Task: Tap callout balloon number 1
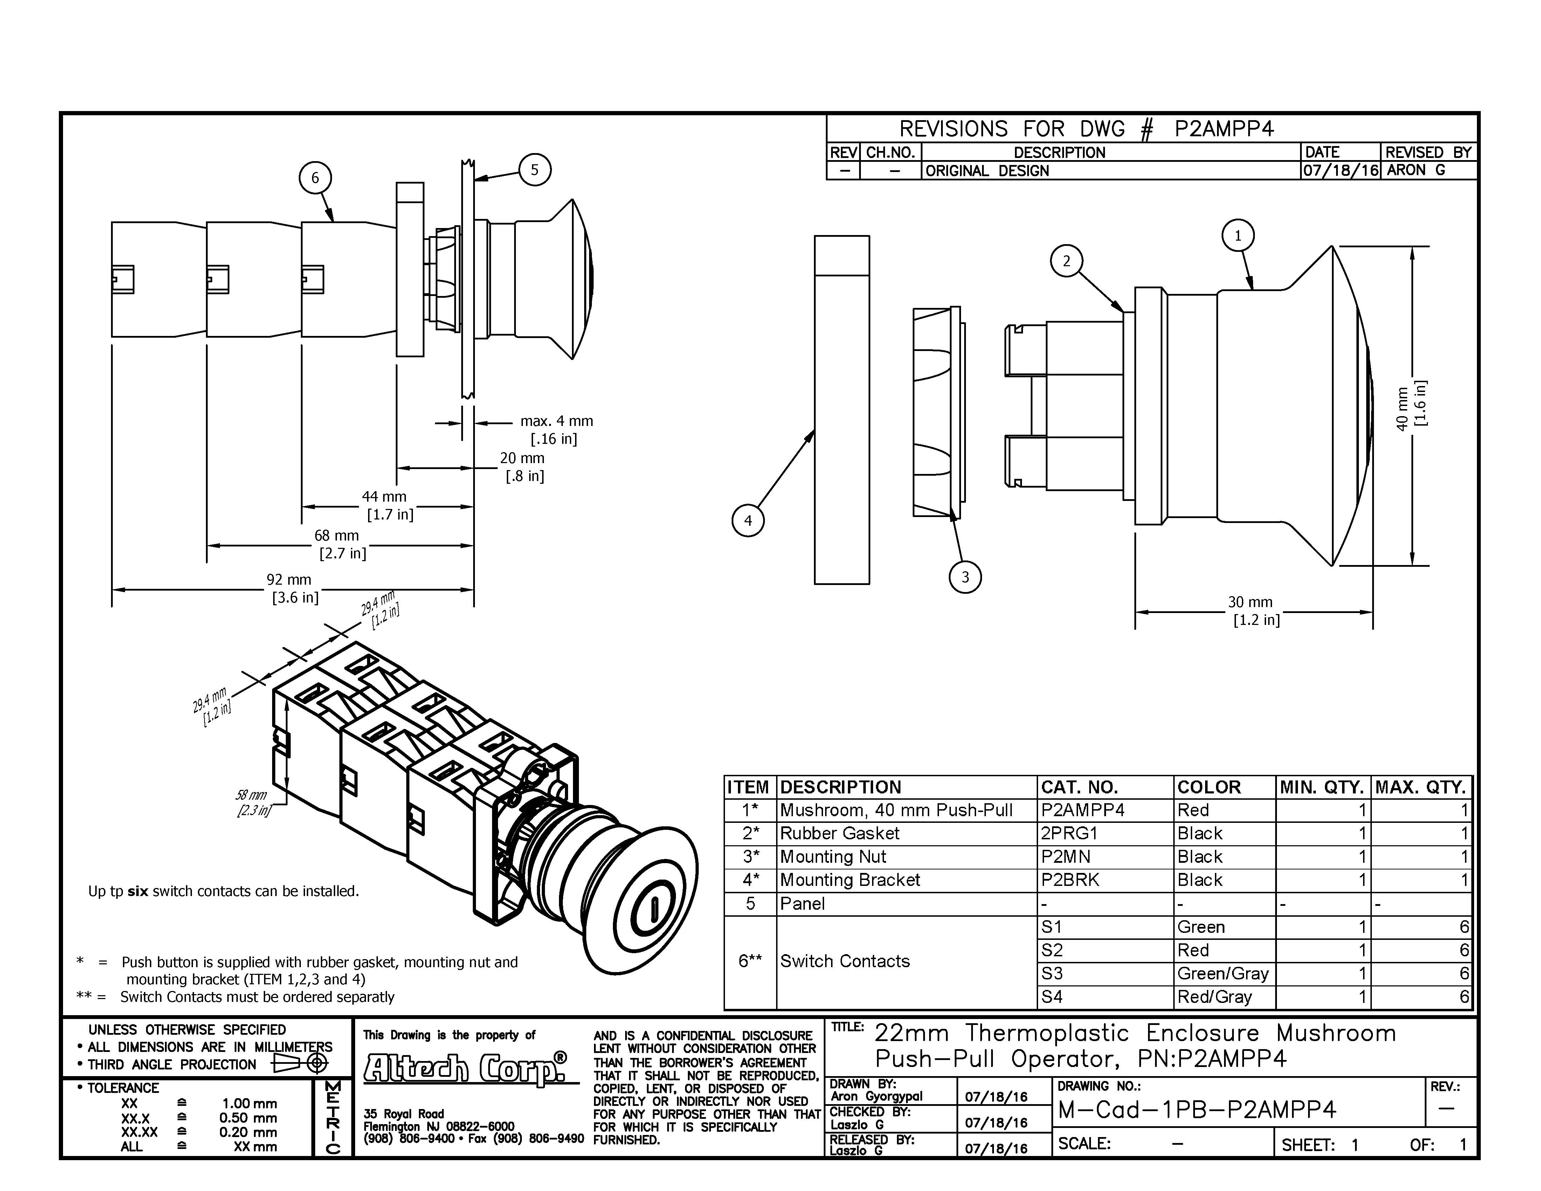click(1238, 236)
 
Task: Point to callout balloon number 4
click(748, 521)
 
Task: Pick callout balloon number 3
click(965, 577)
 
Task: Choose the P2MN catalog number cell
click(1065, 856)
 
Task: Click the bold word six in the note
click(138, 891)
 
